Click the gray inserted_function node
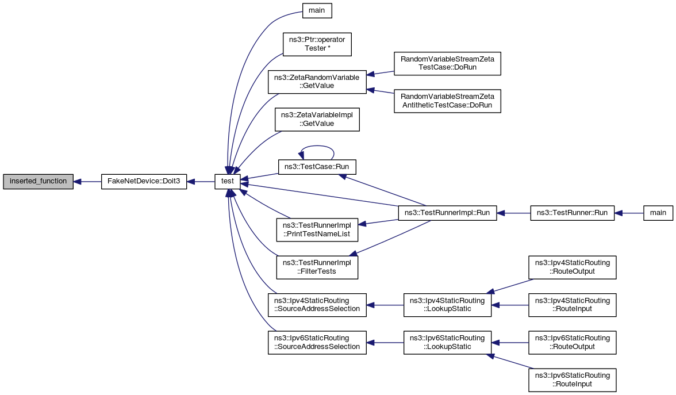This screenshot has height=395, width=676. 38,181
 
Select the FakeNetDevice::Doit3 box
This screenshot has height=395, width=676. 144,181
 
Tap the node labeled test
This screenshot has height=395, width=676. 228,181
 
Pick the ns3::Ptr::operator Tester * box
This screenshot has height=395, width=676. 317,44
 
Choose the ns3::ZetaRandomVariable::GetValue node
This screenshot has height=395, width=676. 317,82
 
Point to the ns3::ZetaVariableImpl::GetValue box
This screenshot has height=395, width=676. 317,119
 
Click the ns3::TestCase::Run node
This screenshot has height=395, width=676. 317,167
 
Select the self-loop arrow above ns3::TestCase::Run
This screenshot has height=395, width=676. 317,147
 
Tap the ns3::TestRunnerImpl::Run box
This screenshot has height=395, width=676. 447,213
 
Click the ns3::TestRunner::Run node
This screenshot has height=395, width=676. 572,213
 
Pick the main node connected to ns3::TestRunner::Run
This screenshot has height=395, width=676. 658,213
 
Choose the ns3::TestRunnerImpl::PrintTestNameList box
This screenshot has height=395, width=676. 317,230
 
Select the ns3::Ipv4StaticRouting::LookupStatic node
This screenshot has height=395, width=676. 447,305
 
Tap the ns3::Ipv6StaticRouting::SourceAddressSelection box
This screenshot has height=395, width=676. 317,342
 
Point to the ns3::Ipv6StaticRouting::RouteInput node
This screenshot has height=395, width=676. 572,379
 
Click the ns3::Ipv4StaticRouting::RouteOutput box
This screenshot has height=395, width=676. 572,267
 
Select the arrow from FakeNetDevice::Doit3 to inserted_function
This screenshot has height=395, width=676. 87,181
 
